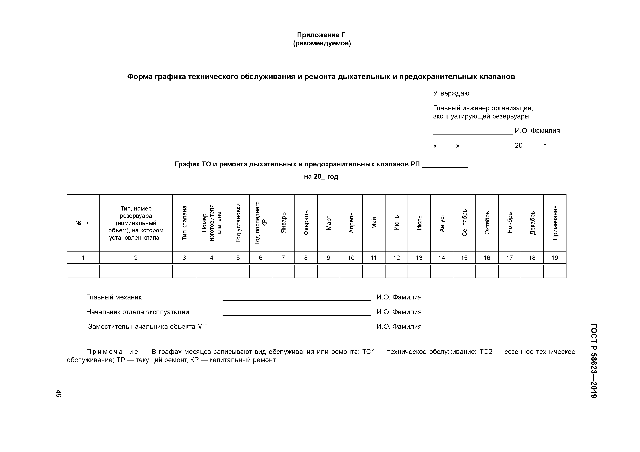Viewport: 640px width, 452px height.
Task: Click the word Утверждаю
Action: click(451, 93)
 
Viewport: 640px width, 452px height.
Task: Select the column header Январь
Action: click(283, 223)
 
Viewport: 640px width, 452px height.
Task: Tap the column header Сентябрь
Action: click(464, 223)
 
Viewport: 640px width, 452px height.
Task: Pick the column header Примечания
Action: click(555, 223)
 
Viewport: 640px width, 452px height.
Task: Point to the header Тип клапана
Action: click(184, 223)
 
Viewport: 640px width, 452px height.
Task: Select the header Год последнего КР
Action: click(261, 223)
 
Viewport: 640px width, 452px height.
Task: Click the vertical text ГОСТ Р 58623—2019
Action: click(593, 361)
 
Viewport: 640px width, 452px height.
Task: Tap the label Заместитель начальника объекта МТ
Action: click(147, 327)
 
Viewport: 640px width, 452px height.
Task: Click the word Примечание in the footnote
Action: click(112, 352)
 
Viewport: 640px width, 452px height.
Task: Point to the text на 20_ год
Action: click(321, 177)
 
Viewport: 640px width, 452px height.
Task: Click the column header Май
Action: click(374, 223)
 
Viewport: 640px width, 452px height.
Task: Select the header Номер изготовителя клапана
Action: click(211, 223)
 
